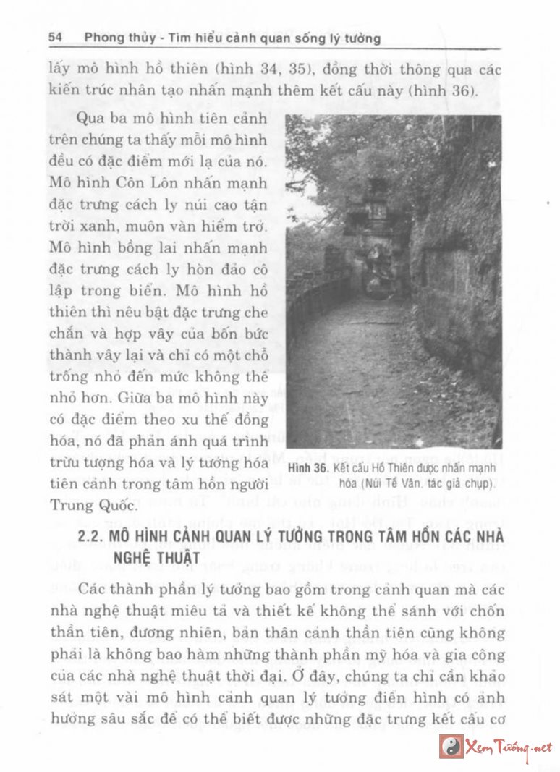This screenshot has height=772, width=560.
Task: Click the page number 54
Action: point(57,37)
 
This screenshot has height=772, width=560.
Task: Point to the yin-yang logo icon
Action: point(452,747)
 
